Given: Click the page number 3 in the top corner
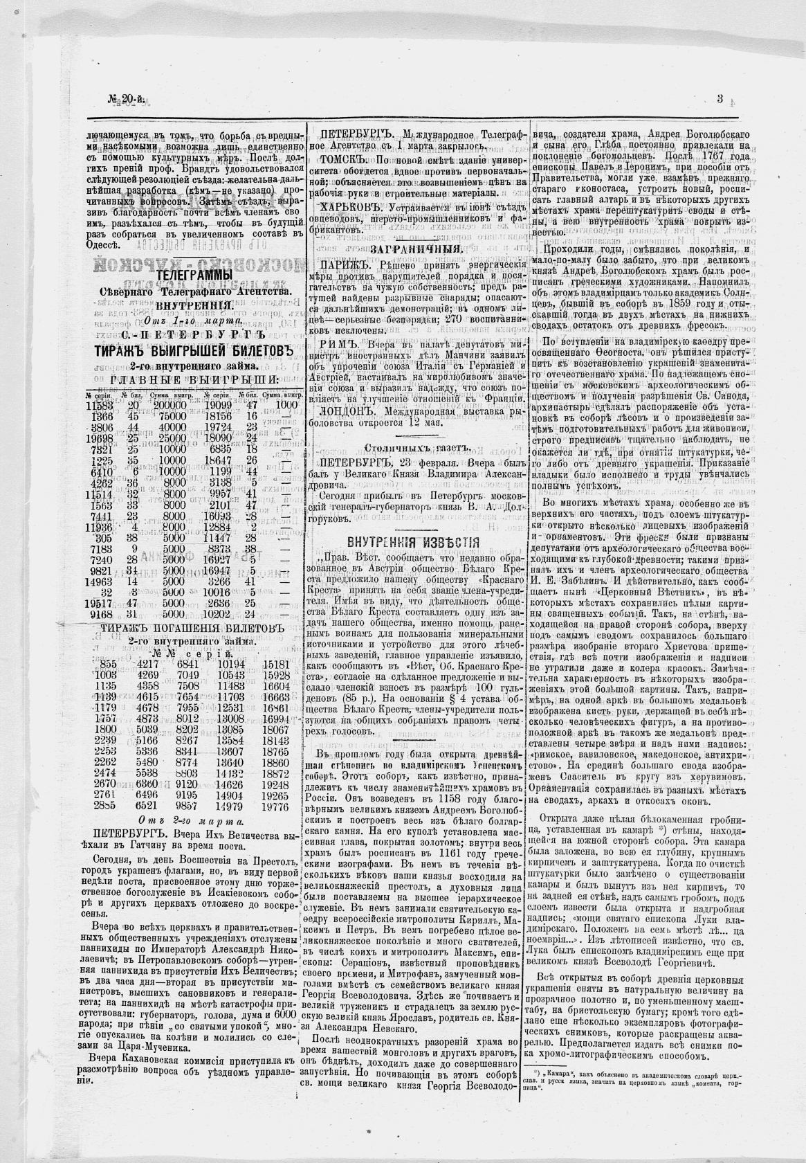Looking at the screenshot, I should pos(720,99).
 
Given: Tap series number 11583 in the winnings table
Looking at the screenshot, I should pos(100,406).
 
